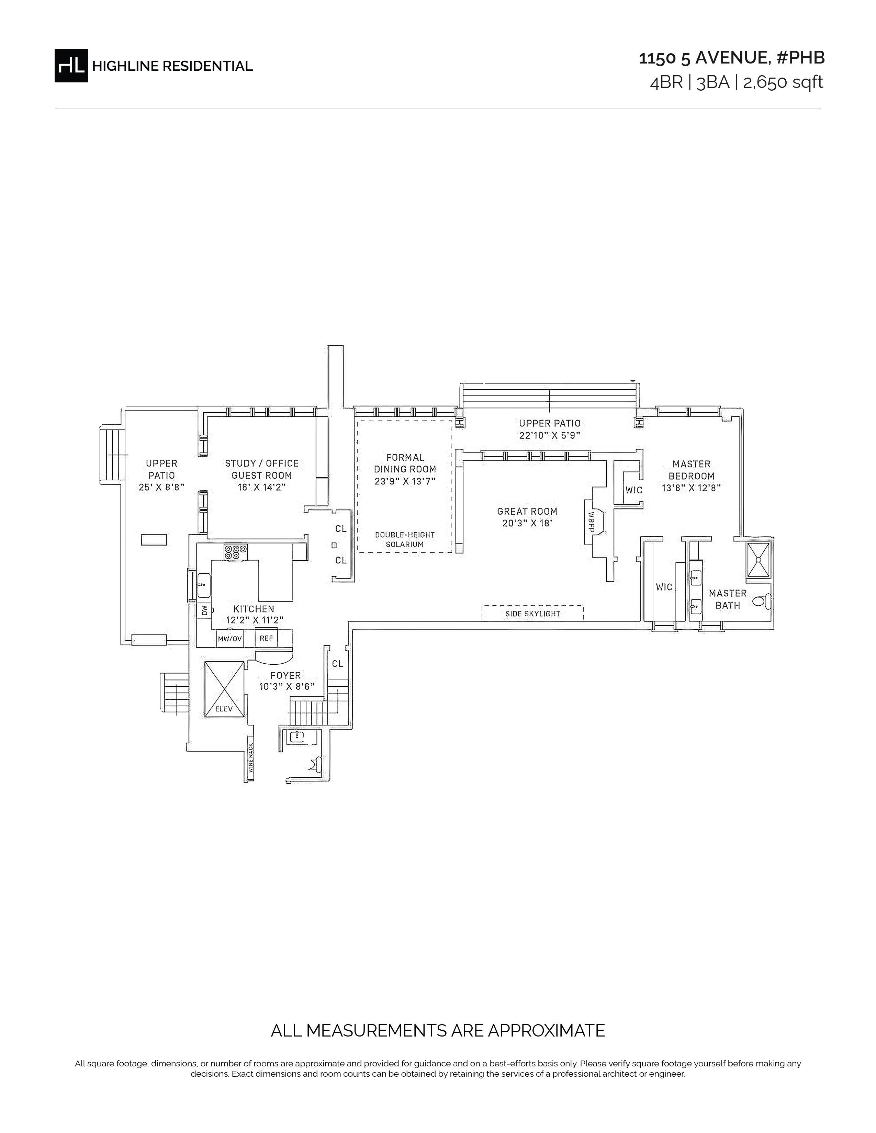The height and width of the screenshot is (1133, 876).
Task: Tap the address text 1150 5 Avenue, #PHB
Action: coord(732,58)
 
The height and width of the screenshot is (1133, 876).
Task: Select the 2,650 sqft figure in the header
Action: coord(783,82)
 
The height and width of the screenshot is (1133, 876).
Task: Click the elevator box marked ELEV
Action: coord(224,689)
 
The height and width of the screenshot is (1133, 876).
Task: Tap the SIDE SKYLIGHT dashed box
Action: coord(532,613)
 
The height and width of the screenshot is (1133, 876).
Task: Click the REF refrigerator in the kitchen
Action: coord(266,638)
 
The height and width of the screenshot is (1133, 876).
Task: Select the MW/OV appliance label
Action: coord(230,639)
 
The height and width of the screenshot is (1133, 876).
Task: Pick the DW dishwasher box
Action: coord(204,610)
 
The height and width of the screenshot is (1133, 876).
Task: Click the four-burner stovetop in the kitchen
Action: coord(236,551)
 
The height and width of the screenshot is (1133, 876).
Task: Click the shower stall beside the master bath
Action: coord(759,559)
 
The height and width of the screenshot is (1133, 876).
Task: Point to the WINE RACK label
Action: coord(251,758)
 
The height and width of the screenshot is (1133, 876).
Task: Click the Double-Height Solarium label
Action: coord(405,539)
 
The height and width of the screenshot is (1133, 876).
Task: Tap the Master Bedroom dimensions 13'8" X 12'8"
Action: coord(691,488)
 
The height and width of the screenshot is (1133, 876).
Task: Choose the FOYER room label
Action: coord(285,675)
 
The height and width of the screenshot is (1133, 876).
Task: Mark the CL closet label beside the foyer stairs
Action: coord(338,664)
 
